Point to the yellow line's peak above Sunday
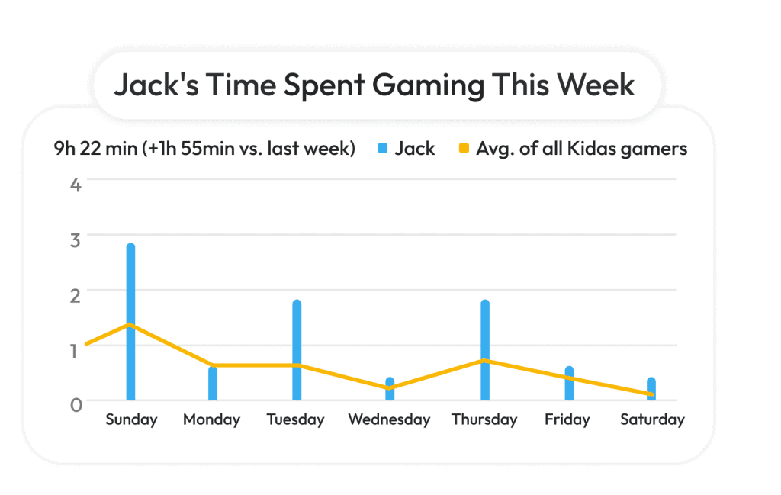[x=130, y=325]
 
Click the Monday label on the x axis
[x=211, y=419]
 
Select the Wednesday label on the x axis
[x=389, y=419]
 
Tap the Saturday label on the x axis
[x=652, y=419]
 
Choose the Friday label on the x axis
[x=567, y=419]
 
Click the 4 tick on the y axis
[x=76, y=184]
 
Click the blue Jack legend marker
[x=382, y=149]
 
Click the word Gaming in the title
[x=435, y=85]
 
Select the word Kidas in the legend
[x=591, y=149]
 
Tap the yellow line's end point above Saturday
[x=652, y=394]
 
